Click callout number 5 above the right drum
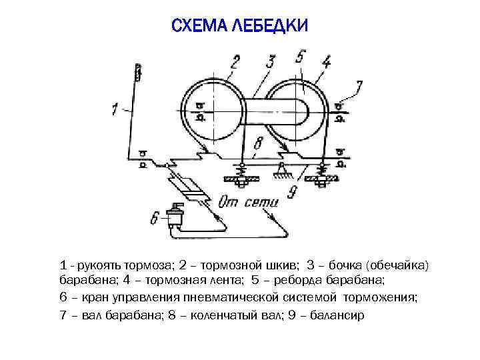coord(301,57)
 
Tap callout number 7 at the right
coord(359,87)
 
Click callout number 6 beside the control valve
coord(155,217)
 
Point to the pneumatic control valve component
coord(178,215)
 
